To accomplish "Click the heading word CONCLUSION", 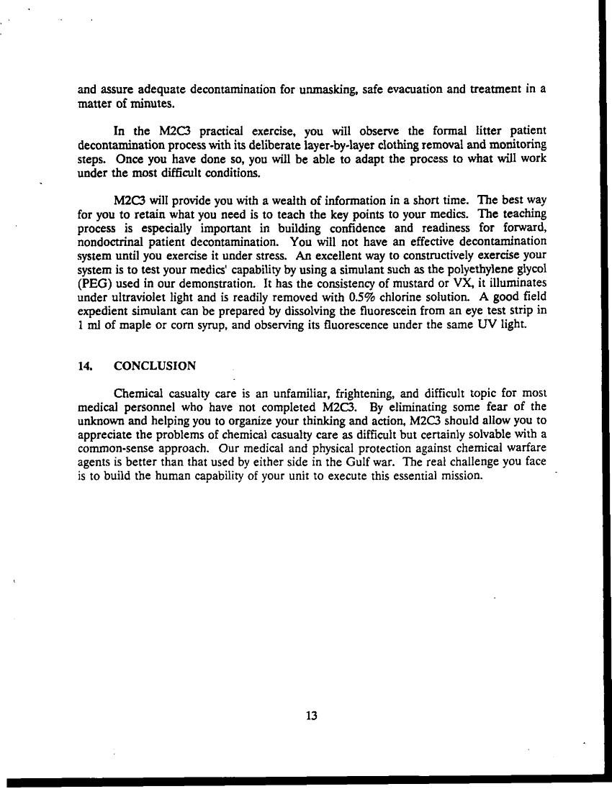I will point(155,366).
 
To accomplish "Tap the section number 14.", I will point(84,366).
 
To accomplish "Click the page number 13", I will point(312,716).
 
